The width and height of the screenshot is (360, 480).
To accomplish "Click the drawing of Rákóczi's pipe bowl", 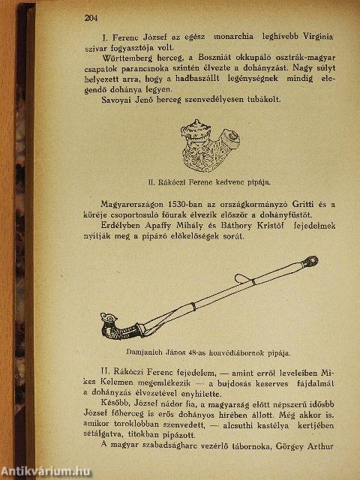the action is tap(211, 145).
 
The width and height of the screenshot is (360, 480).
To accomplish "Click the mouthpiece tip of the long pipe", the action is tap(312, 261).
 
